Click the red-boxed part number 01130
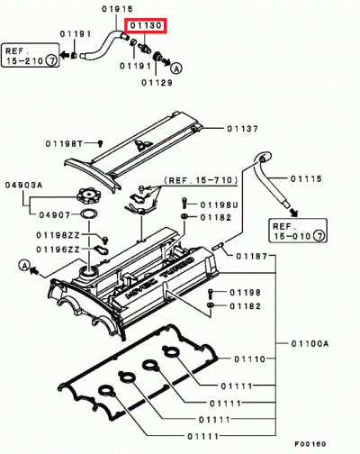145,27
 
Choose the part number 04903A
24,185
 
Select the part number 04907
54,213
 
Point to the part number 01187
253,257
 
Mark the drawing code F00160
318,444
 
